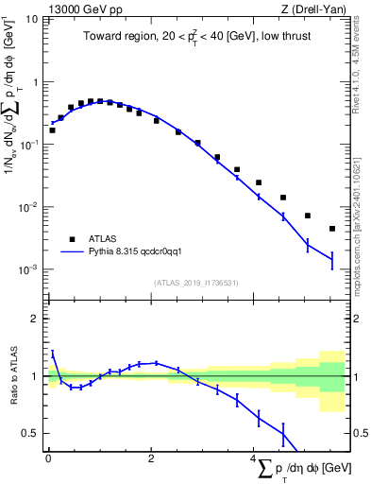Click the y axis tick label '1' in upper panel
tap(36, 82)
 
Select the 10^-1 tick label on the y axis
tap(30, 144)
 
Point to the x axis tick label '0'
tap(48, 458)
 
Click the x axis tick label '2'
tap(151, 458)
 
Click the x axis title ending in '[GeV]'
tap(301, 469)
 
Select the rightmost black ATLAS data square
tap(332, 229)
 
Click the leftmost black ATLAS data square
tap(52, 130)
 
